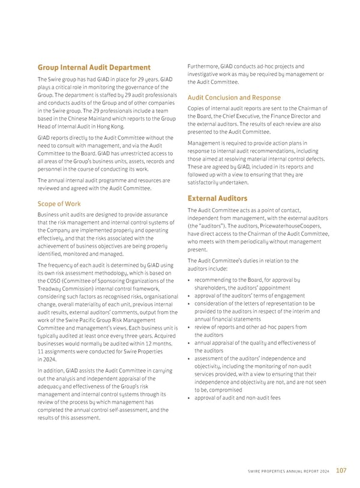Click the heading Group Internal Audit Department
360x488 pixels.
click(x=94, y=67)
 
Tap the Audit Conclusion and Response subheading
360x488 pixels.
click(x=234, y=97)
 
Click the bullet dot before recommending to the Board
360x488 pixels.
click(x=189, y=280)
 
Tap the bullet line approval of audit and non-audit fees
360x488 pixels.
click(x=238, y=397)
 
